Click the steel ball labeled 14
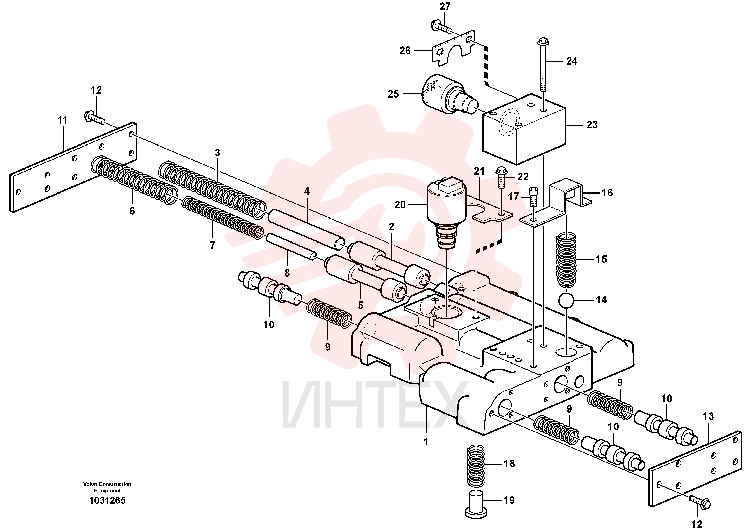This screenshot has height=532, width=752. point(566,300)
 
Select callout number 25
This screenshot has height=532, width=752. point(393,94)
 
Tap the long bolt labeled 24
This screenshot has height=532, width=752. point(543,65)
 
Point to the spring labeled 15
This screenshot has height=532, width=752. point(566,260)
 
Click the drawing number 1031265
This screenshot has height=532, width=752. point(107,501)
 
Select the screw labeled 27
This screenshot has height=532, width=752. point(441,27)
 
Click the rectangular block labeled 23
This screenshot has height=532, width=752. point(524,129)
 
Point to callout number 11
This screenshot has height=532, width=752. point(62,120)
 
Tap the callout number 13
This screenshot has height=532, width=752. point(708,416)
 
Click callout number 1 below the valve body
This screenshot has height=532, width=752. point(426,442)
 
